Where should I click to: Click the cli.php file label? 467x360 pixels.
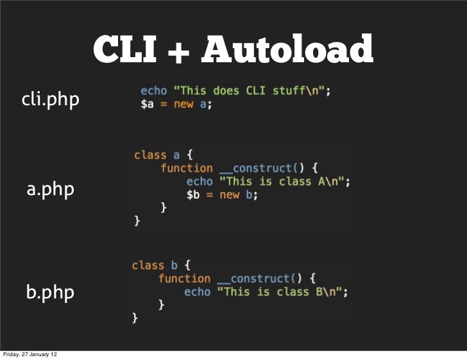click(51, 99)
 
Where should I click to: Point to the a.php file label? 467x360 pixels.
click(50, 190)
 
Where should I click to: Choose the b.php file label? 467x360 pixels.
click(50, 293)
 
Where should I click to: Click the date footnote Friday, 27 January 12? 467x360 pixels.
click(31, 354)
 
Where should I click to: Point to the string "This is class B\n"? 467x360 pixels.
click(282, 291)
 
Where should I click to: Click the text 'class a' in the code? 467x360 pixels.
click(157, 155)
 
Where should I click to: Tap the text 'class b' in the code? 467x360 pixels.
click(155, 265)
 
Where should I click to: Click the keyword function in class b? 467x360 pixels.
click(184, 279)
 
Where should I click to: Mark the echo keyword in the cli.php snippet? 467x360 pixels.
click(153, 90)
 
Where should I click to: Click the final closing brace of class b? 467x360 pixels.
click(135, 318)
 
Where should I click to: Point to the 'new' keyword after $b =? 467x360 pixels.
click(229, 195)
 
